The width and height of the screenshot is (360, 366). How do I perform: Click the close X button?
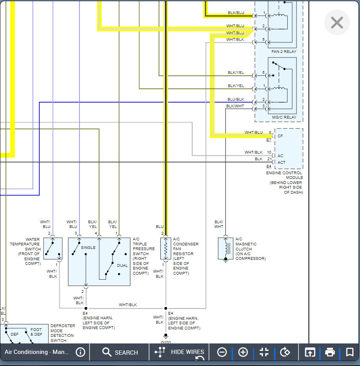pyautogui.click(x=337, y=23)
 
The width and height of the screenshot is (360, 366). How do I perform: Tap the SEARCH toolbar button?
pyautogui.click(x=120, y=352)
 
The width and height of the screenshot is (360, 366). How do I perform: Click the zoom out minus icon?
pyautogui.click(x=222, y=352)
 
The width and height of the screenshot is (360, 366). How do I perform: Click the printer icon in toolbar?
pyautogui.click(x=330, y=352)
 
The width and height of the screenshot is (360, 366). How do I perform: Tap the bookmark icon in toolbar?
pyautogui.click(x=349, y=352)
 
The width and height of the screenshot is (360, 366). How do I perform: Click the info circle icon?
pyautogui.click(x=80, y=352)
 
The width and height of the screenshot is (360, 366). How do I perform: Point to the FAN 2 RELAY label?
pyautogui.click(x=284, y=51)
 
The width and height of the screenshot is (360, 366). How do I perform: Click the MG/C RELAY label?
pyautogui.click(x=284, y=117)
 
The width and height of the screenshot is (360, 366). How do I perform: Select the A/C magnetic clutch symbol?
pyautogui.click(x=225, y=249)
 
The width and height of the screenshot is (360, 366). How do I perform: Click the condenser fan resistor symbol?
pyautogui.click(x=166, y=249)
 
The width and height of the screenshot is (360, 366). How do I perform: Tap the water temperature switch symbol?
pyautogui.click(x=53, y=249)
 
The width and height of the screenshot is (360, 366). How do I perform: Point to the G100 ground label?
pyautogui.click(x=166, y=342)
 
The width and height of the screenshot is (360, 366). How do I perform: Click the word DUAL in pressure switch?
pyautogui.click(x=122, y=266)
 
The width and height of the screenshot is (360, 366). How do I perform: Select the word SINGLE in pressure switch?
pyautogui.click(x=88, y=247)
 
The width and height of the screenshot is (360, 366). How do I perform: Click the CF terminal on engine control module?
pyautogui.click(x=280, y=136)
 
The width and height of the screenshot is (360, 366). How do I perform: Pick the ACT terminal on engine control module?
pyautogui.click(x=281, y=163)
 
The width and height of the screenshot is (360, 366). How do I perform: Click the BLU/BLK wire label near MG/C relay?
pyautogui.click(x=236, y=100)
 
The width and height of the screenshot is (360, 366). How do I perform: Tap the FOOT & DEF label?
pyautogui.click(x=36, y=332)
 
